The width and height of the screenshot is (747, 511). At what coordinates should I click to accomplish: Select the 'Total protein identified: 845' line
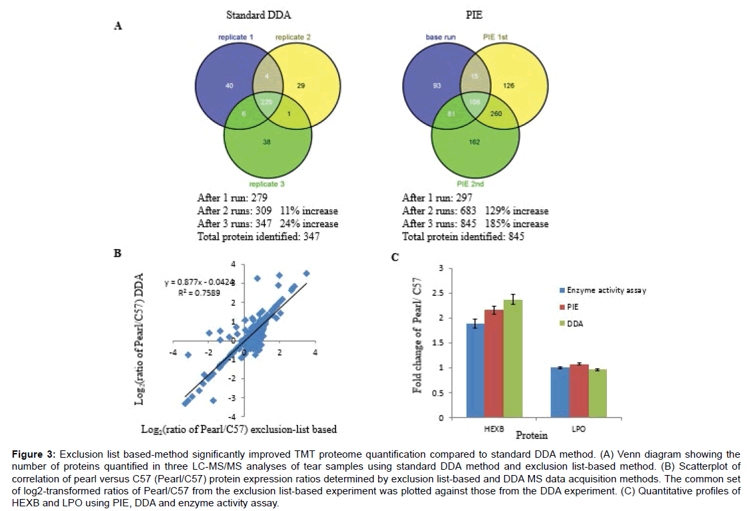pos(461,237)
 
